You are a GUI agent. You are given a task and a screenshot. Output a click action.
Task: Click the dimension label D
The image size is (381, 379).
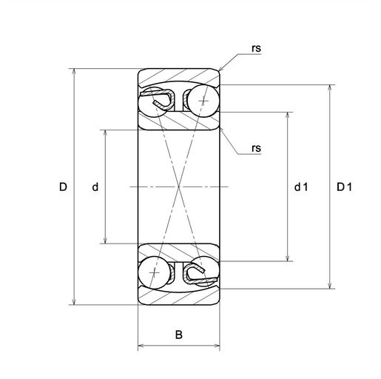(63, 187)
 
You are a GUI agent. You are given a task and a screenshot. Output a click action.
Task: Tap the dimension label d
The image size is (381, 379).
(95, 187)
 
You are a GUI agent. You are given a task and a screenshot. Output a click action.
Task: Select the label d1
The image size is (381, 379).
(301, 187)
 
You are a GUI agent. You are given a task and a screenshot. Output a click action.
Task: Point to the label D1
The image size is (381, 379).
(345, 187)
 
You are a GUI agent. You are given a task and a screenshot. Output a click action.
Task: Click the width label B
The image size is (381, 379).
(179, 335)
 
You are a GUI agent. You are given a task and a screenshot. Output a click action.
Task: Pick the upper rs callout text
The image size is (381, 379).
(256, 48)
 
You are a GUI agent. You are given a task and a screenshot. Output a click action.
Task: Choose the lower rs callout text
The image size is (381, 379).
(256, 148)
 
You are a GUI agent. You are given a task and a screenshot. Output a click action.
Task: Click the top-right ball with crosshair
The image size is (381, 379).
(203, 101)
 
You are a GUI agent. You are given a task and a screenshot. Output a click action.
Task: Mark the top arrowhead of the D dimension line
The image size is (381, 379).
(73, 72)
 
